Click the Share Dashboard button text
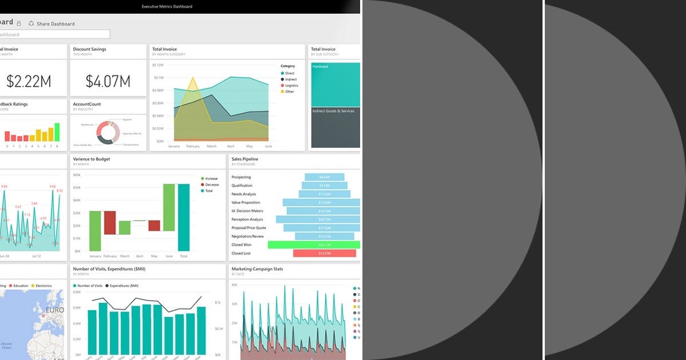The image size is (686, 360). tap(55, 24)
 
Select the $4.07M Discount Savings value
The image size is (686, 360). tap(108, 81)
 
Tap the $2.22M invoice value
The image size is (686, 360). tap(29, 81)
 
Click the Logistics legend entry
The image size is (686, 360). tap(292, 86)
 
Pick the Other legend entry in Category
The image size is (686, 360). tap(289, 92)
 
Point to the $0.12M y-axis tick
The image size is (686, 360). tap(158, 65)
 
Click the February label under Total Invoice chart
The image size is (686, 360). tap(193, 146)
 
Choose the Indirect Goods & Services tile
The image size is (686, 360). tap(335, 129)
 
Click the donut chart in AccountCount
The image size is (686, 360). tap(108, 133)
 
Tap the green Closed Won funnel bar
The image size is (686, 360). tap(314, 245)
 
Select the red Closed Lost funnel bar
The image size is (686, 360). tap(324, 253)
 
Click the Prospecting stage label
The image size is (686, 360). tap(241, 177)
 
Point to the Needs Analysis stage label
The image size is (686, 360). tap(244, 194)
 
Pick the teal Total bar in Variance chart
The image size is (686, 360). tap(184, 217)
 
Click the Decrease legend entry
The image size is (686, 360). tap(212, 185)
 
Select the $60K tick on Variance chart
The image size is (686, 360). tap(77, 175)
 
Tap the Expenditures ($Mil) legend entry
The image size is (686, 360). tap(123, 286)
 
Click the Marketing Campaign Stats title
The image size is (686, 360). tap(257, 269)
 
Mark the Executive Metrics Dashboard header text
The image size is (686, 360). tap(167, 7)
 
